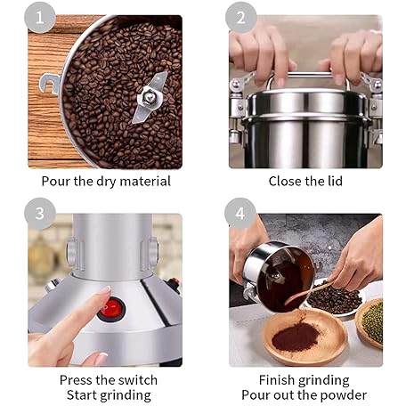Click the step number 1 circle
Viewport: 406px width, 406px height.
[39, 18]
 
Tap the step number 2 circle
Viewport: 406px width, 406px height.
[241, 18]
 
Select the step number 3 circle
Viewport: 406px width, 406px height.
[40, 214]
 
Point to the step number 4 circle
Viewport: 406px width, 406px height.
[240, 214]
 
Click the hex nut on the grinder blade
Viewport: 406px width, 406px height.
[149, 97]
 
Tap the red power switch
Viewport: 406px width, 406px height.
[111, 309]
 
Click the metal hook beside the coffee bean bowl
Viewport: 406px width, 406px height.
[50, 84]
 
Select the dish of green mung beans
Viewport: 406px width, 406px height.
[370, 323]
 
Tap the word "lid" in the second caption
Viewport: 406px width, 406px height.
[335, 181]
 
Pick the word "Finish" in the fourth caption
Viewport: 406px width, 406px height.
[277, 380]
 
